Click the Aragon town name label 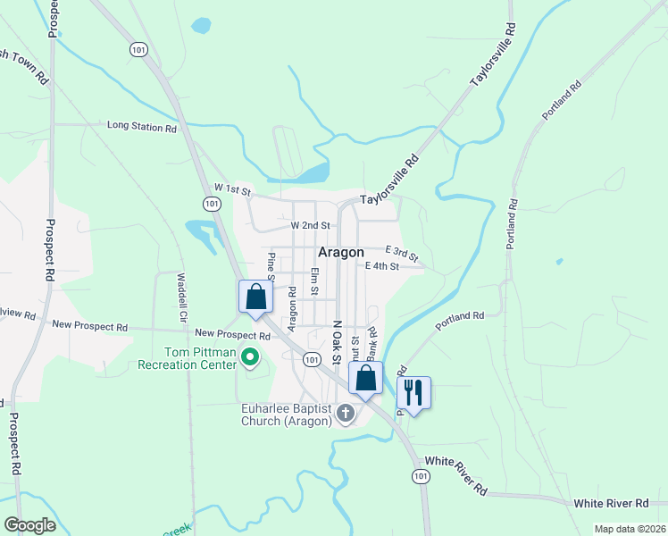point(341,253)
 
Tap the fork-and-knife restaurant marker point(413,391)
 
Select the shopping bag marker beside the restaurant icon point(366,379)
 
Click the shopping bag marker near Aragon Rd point(255,297)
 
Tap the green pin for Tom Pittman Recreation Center point(250,359)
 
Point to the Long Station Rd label point(141,127)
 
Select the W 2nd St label point(312,226)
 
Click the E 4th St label point(381,265)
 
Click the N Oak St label point(337,343)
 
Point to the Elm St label point(313,281)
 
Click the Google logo point(29,525)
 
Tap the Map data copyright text point(630,529)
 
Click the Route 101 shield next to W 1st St point(212,204)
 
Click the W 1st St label point(234,189)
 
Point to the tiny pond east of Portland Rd point(558,262)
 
